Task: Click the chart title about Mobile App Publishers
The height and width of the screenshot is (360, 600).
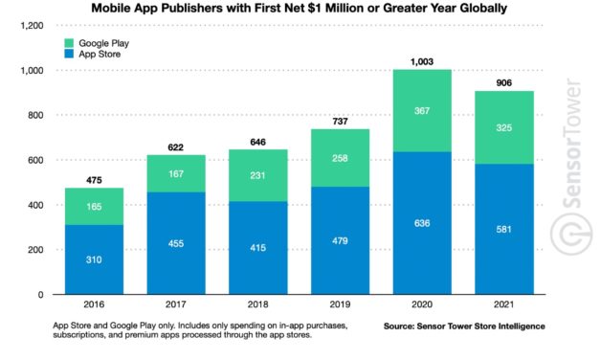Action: tap(300, 9)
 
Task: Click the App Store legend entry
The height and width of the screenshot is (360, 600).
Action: tap(100, 56)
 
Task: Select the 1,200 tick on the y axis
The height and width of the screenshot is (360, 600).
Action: tap(33, 25)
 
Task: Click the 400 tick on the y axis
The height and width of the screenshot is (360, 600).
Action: tap(37, 206)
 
